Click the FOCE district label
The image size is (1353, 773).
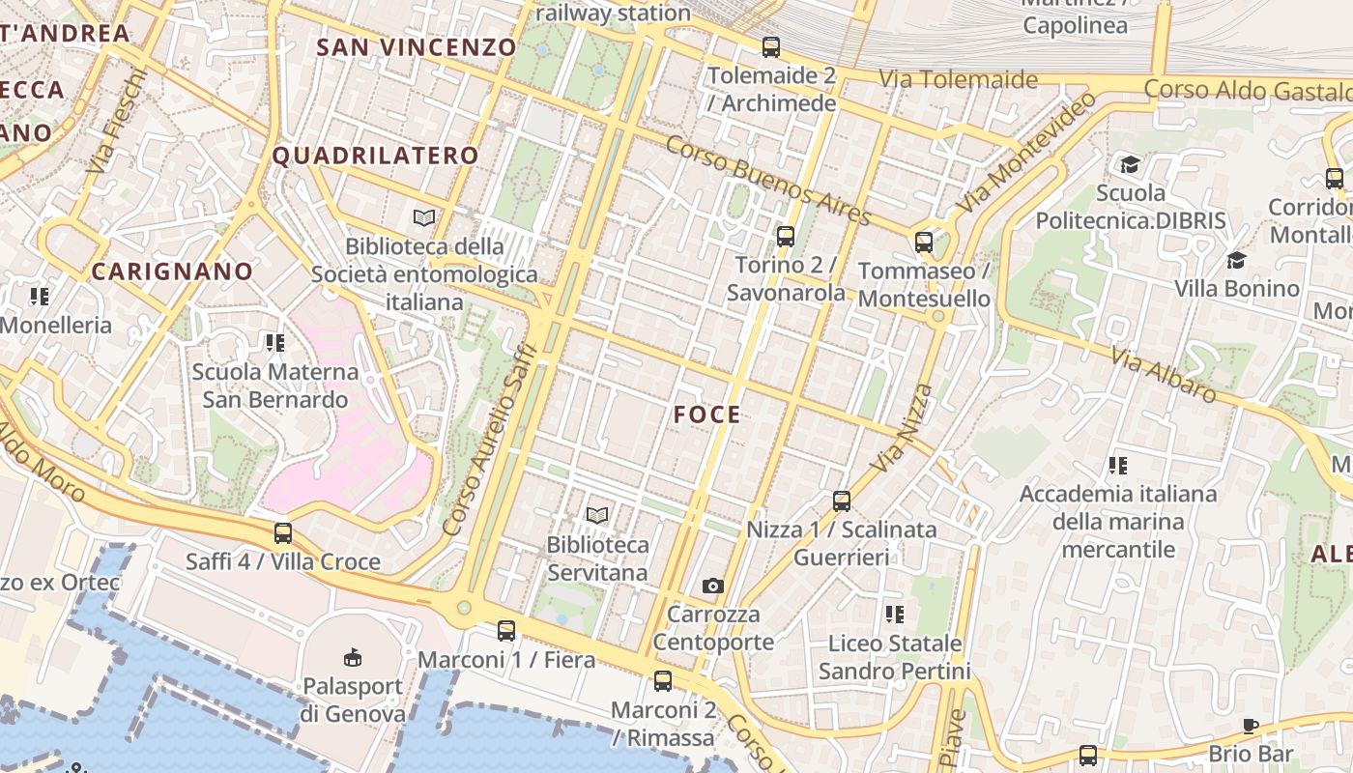[707, 415]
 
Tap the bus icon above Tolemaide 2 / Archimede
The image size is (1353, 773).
[771, 46]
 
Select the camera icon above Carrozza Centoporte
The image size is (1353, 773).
[713, 586]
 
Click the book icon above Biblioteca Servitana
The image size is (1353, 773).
[597, 516]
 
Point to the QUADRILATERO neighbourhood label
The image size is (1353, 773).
[376, 156]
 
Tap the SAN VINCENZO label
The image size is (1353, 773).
[417, 46]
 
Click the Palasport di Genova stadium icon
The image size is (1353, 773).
[352, 657]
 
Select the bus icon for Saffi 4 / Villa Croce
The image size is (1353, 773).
[283, 532]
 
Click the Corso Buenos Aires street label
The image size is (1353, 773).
[769, 181]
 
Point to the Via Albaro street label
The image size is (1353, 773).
[1164, 375]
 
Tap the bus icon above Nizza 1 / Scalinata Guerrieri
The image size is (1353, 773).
[842, 501]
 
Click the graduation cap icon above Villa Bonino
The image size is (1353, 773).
[1236, 260]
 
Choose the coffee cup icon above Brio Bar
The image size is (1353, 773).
[1251, 726]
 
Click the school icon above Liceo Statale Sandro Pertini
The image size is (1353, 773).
[895, 614]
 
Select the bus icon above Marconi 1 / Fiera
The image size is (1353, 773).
[506, 631]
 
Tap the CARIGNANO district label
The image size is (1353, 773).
[172, 272]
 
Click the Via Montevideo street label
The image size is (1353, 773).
[1027, 154]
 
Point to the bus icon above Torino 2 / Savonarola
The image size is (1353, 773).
[786, 236]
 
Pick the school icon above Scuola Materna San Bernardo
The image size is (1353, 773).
[275, 342]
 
